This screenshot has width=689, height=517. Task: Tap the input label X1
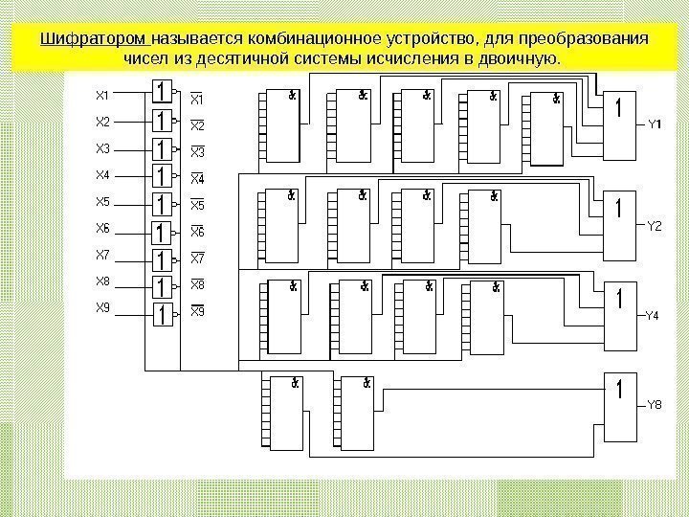(x=103, y=95)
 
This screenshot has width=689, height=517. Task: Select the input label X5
(x=103, y=201)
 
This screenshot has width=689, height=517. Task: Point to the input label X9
(x=103, y=307)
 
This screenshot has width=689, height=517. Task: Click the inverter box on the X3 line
(x=163, y=150)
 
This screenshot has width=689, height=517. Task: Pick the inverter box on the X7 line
(x=163, y=259)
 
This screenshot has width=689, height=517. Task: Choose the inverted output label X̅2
(x=199, y=125)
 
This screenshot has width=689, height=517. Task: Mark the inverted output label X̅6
(x=199, y=232)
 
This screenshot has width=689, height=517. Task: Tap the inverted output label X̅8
(x=199, y=284)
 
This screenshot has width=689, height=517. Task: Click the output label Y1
(x=655, y=124)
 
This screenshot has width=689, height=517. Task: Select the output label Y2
(x=655, y=226)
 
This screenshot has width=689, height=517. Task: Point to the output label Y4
(x=652, y=314)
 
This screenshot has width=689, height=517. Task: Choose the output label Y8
(x=655, y=405)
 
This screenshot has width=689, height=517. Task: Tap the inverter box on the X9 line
(x=163, y=313)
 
